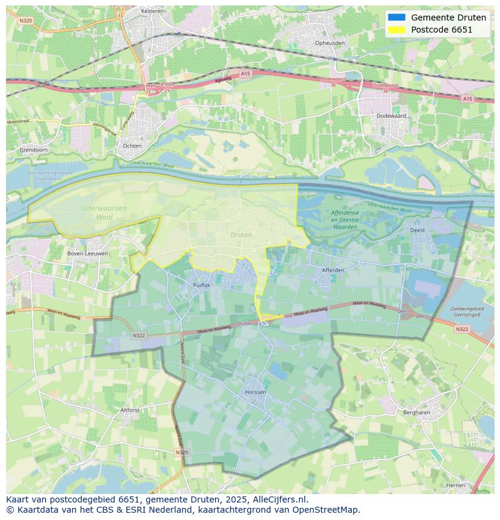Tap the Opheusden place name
(x=330, y=43)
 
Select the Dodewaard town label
(x=390, y=115)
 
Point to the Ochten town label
(x=132, y=146)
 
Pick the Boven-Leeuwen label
(x=88, y=254)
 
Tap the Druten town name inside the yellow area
(x=242, y=234)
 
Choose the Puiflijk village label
(x=201, y=285)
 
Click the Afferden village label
(x=333, y=270)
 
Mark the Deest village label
(x=417, y=230)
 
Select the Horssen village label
(x=256, y=392)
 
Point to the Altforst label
(x=130, y=409)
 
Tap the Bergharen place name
(x=416, y=412)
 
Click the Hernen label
(x=456, y=485)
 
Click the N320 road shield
(x=25, y=20)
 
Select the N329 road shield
(x=182, y=452)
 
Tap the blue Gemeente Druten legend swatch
(x=397, y=18)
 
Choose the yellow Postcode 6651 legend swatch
(x=397, y=30)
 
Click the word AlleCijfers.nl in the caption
(x=281, y=499)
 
